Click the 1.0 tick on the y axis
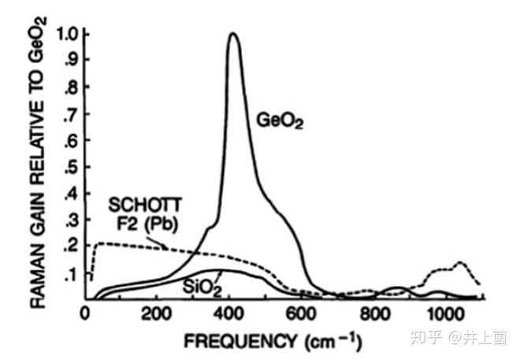(65, 35)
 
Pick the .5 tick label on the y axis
(70, 168)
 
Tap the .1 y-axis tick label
(70, 274)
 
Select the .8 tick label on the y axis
(70, 87)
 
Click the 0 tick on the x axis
(86, 313)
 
